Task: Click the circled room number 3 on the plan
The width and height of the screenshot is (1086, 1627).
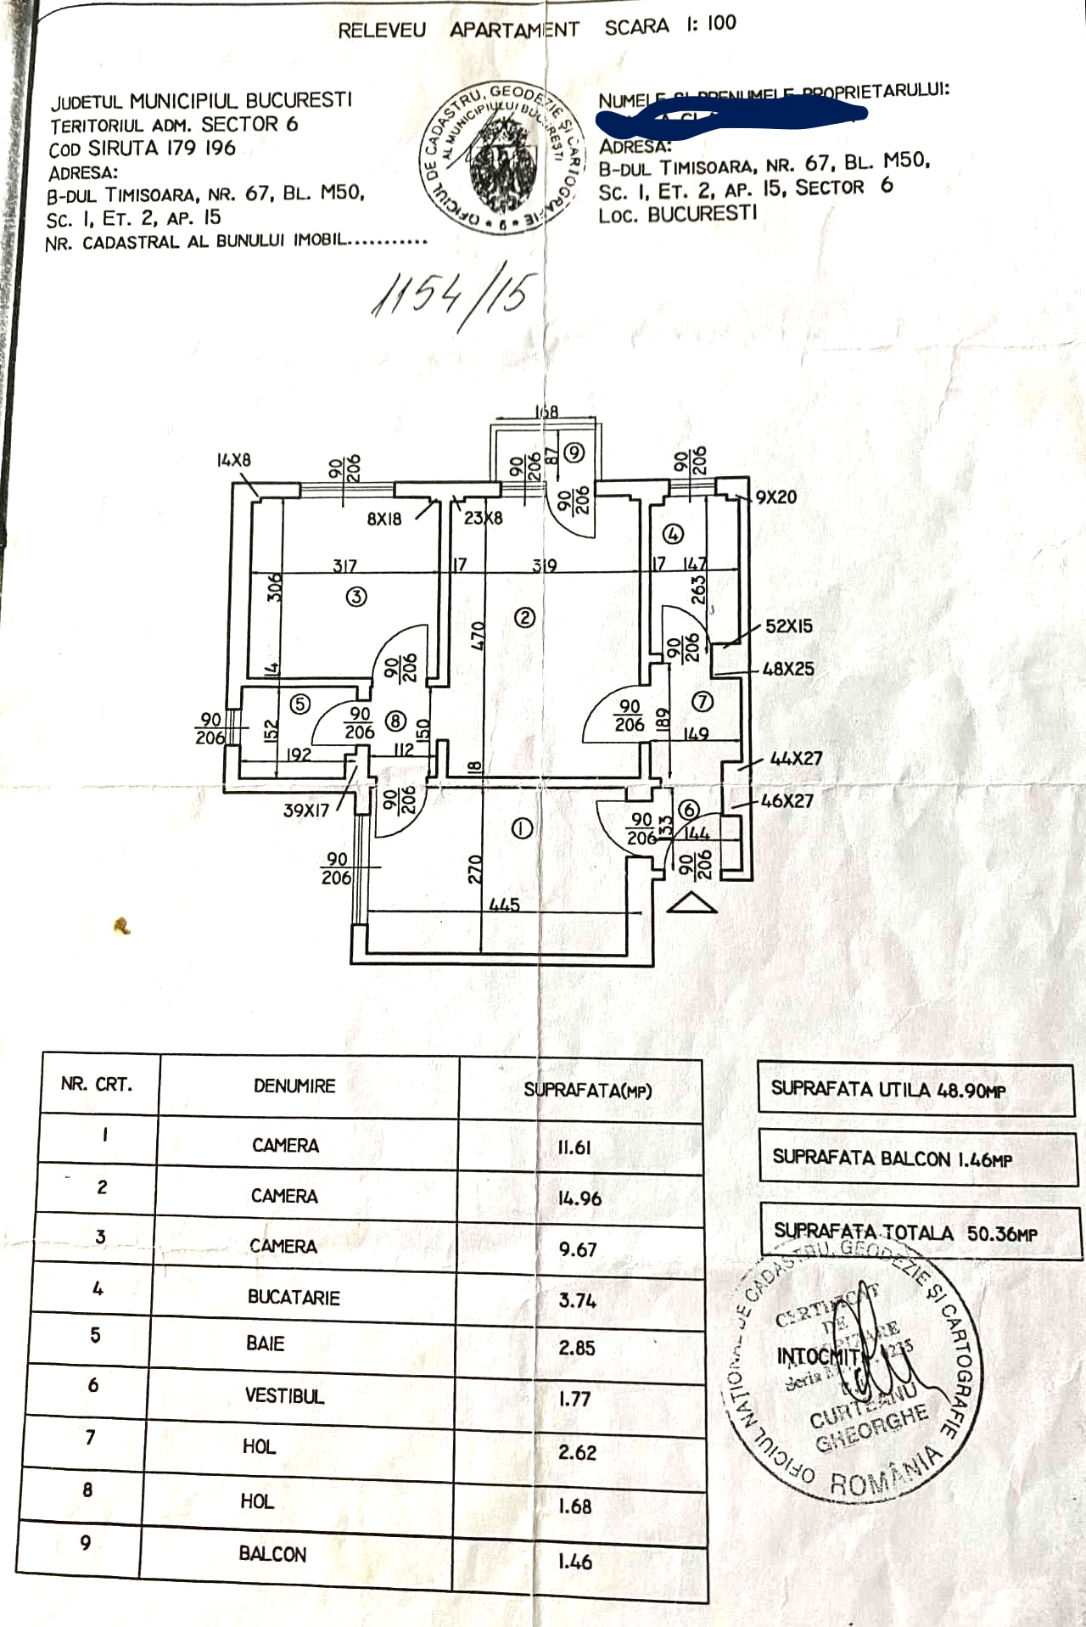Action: pyautogui.click(x=356, y=597)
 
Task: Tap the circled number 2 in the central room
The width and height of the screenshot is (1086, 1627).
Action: pyautogui.click(x=524, y=618)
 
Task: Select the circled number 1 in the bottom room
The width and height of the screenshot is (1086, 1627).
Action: pyautogui.click(x=522, y=828)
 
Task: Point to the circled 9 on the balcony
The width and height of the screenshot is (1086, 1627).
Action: pyautogui.click(x=574, y=452)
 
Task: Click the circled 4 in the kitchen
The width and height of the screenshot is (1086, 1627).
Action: pyautogui.click(x=674, y=534)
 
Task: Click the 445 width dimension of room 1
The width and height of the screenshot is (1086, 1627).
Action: pyautogui.click(x=504, y=905)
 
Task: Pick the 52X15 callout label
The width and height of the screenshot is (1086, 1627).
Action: pyautogui.click(x=788, y=626)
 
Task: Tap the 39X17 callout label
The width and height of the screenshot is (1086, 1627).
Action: pyautogui.click(x=306, y=811)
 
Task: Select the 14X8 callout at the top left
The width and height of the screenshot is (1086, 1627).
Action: pyautogui.click(x=233, y=460)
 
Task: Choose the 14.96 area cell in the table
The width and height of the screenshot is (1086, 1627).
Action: pyautogui.click(x=579, y=1198)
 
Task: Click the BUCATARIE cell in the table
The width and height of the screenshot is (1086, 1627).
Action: pyautogui.click(x=294, y=1297)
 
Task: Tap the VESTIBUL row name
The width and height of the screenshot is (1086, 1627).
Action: pyautogui.click(x=284, y=1395)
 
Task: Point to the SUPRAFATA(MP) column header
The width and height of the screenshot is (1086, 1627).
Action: pyautogui.click(x=587, y=1090)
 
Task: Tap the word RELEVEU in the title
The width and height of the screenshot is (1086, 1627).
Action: pyautogui.click(x=382, y=31)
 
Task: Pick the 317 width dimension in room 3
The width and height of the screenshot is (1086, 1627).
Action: pyautogui.click(x=344, y=565)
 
